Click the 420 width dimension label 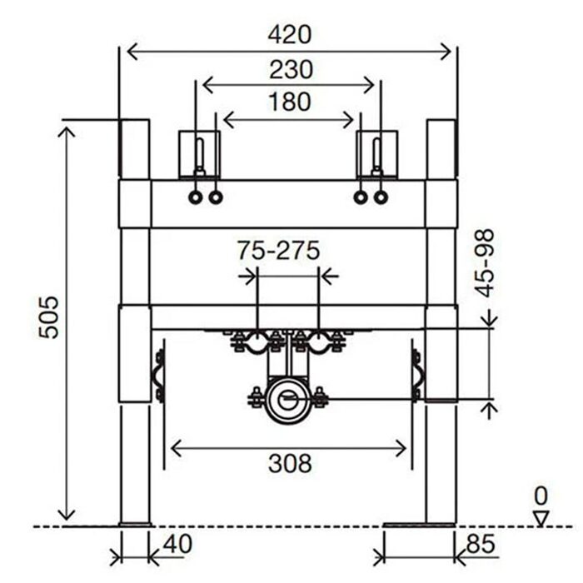(x=289, y=35)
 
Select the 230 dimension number (x=291, y=69)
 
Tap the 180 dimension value (x=290, y=102)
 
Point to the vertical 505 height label (x=49, y=317)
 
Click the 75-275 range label (x=279, y=250)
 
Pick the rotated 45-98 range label (x=486, y=263)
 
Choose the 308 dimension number (x=290, y=464)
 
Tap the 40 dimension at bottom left (x=177, y=544)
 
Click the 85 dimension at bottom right (x=481, y=544)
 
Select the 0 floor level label (x=541, y=496)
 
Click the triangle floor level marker (x=541, y=518)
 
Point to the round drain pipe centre (x=287, y=401)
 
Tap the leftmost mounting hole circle (x=196, y=197)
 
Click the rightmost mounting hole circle (x=381, y=197)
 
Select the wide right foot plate (x=420, y=525)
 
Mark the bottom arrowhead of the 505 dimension (x=67, y=515)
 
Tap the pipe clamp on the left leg (x=158, y=376)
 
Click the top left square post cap (x=134, y=149)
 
